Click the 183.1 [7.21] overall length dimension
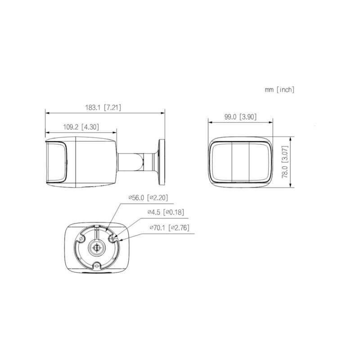click(x=103, y=108)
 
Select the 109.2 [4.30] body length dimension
click(x=81, y=127)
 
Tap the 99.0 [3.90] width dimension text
click(x=240, y=117)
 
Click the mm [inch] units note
click(x=279, y=90)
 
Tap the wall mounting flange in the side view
click(x=161, y=162)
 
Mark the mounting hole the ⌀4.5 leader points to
click(x=112, y=237)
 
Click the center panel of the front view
click(x=240, y=162)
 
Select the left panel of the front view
click(x=220, y=162)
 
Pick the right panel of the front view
click(x=260, y=162)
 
